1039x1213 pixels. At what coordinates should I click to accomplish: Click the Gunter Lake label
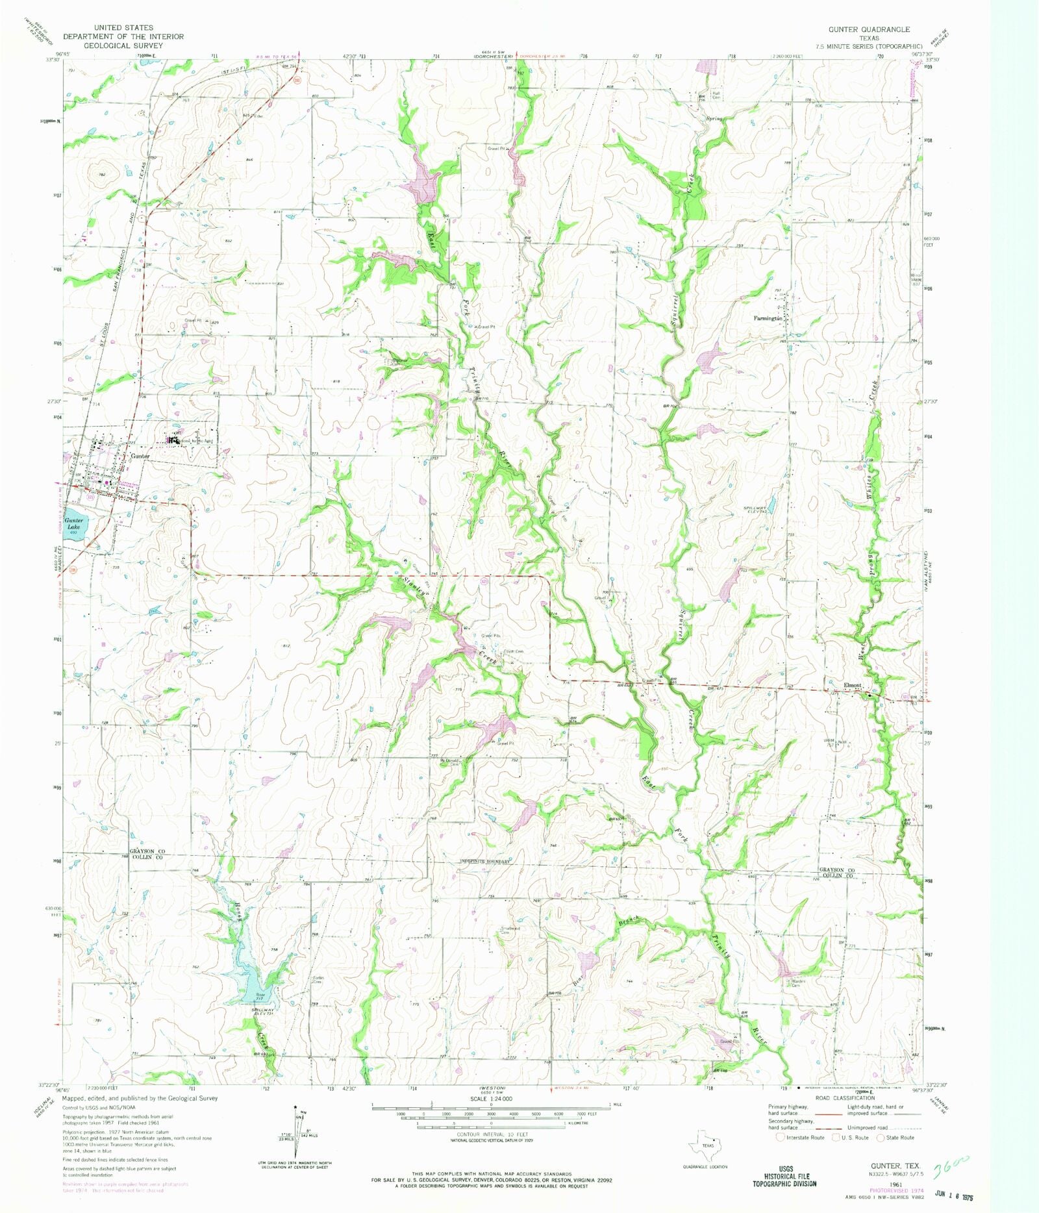point(73,524)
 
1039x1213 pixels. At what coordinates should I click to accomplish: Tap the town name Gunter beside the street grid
point(141,456)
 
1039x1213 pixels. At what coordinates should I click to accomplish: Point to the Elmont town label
point(851,686)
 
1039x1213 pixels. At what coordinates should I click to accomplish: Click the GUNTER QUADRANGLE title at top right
point(869,30)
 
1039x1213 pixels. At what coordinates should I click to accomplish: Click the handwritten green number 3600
point(951,1169)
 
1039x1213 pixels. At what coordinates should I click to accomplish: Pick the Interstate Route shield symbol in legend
point(781,1137)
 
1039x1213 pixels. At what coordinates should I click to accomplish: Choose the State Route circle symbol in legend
point(881,1137)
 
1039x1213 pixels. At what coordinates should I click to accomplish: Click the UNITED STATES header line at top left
point(123,28)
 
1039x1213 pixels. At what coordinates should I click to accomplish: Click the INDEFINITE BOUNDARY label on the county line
point(484,862)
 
